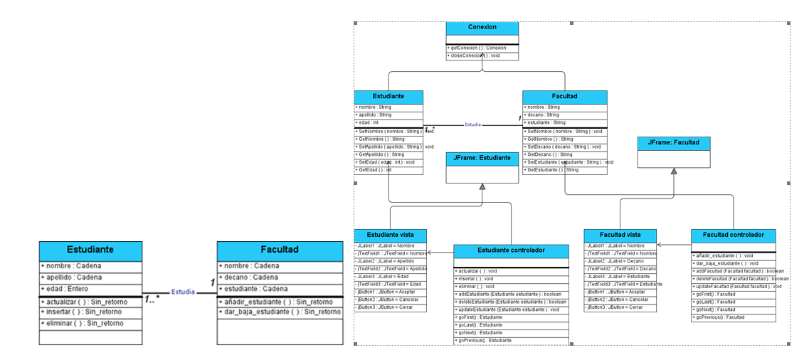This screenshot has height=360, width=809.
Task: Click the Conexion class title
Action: (x=482, y=27)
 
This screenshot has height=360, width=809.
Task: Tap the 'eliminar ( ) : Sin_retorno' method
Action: (x=81, y=323)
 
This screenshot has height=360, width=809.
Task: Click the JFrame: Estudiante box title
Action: (x=482, y=159)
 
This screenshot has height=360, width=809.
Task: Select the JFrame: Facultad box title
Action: (x=673, y=143)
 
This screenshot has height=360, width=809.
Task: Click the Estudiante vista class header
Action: (x=391, y=235)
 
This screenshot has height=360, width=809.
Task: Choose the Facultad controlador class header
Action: (x=733, y=235)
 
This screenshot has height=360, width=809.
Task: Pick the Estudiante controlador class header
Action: (x=512, y=250)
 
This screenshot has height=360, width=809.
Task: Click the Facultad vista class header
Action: (x=620, y=235)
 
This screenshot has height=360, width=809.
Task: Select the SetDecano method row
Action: (x=564, y=147)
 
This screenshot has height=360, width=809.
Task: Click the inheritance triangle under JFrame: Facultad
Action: (x=673, y=171)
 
